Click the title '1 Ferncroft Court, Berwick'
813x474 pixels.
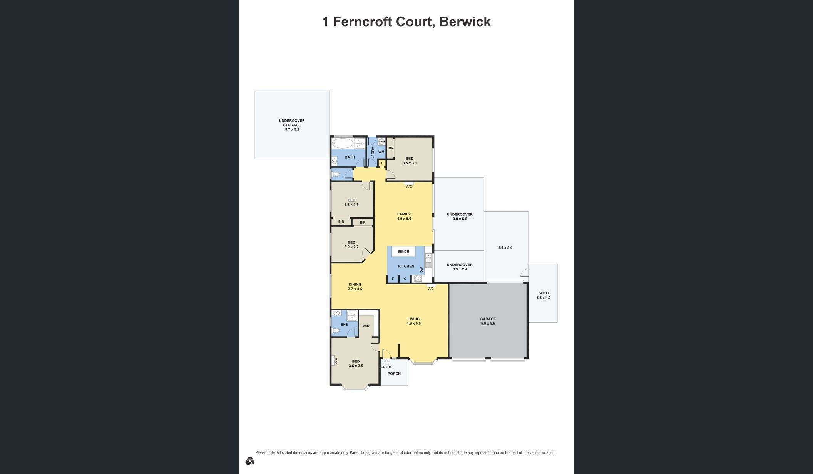pos(406,22)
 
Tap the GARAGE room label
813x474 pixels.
pos(488,319)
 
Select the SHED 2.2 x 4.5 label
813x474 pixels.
pos(544,295)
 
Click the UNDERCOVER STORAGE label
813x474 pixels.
pos(292,123)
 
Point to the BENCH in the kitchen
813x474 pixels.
pos(403,252)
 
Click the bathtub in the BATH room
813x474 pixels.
pos(343,144)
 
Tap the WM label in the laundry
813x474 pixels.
pos(381,152)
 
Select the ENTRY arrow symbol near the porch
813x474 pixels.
pos(386,362)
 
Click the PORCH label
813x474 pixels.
pos(394,374)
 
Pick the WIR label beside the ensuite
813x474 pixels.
pos(366,326)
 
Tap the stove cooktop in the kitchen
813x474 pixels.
pos(418,279)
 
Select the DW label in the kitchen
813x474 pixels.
pos(422,270)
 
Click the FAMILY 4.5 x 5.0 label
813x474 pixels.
pos(404,216)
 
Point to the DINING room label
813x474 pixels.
pos(355,285)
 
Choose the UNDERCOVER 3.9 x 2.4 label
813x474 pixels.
pos(460,267)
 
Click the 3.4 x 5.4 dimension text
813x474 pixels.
pos(505,248)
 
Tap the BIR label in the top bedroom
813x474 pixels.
pos(390,148)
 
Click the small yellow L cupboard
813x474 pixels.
pos(382,164)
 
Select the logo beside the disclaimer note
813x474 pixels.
pos(250,461)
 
